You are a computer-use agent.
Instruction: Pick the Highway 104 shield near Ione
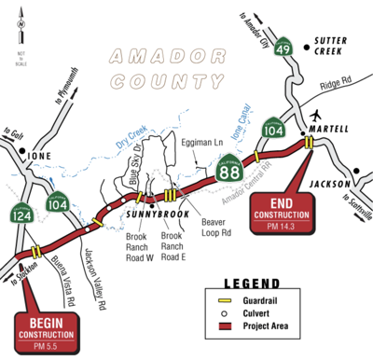(x=58, y=201)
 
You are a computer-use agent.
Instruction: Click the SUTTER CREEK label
(x=330, y=48)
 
